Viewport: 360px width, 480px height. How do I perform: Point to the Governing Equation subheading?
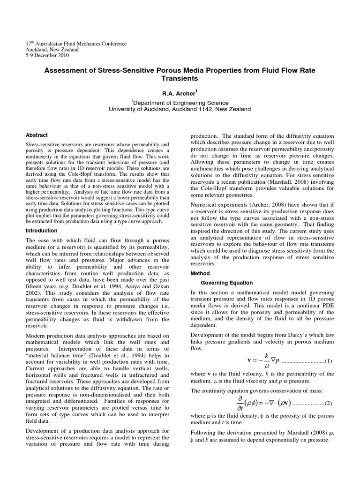click(227, 283)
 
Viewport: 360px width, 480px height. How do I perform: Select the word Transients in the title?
click(180, 79)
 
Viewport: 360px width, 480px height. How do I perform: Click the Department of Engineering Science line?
click(180, 103)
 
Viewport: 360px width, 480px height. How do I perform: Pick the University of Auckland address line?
click(180, 109)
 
